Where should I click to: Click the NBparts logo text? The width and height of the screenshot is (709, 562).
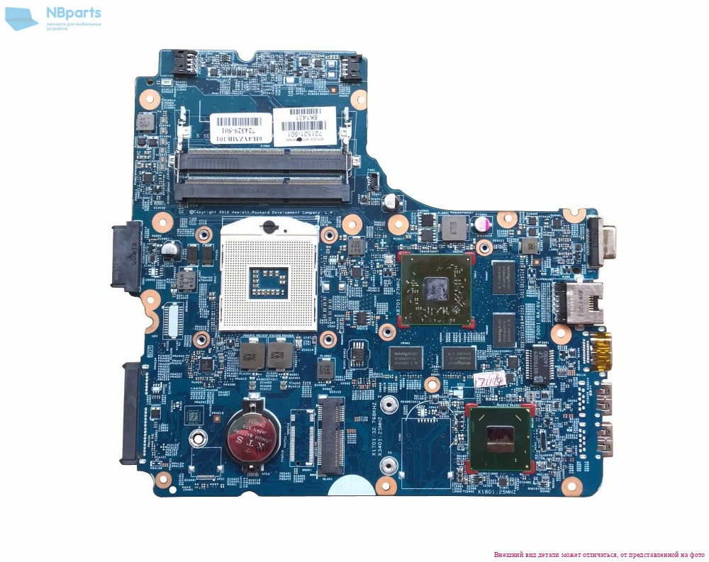point(74,13)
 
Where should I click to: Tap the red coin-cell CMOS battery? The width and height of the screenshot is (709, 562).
point(252,438)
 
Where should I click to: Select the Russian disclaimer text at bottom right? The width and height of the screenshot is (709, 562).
point(599,554)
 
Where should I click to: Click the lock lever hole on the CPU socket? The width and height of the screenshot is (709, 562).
point(269,227)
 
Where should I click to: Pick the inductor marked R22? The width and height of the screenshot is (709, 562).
point(450,227)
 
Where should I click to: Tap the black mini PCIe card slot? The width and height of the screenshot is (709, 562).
point(331,434)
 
